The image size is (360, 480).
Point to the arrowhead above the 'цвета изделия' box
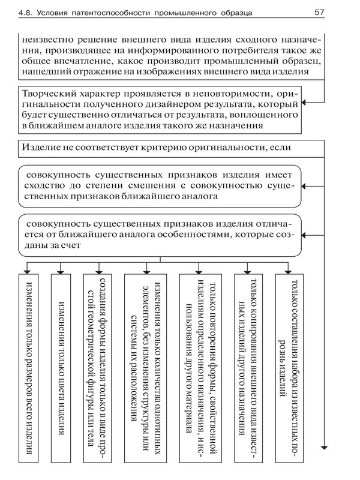click(61, 269)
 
